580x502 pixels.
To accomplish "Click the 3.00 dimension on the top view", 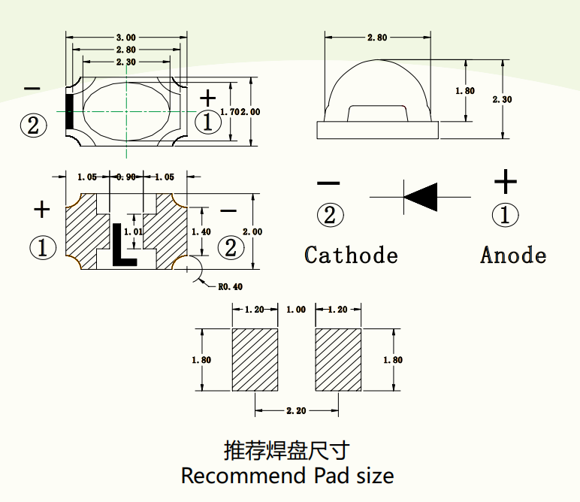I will coord(126,38).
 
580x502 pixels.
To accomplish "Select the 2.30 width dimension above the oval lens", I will coord(126,62).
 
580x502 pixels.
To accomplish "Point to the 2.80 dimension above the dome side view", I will coord(378,38).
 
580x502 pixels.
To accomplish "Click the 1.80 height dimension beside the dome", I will coord(465,91).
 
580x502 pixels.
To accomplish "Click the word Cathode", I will coord(351,255).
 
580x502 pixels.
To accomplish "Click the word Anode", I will coord(513,255).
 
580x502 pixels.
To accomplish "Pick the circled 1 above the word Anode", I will coord(505,216).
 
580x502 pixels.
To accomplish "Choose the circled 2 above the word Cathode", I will coord(330,216).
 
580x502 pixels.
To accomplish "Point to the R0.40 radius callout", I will coord(230,286).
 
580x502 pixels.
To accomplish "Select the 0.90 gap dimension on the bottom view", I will coord(125,177).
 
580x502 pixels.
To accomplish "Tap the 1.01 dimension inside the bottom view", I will coord(133,232).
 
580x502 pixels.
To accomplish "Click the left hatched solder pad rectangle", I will coord(255,360).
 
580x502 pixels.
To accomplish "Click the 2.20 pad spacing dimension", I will coord(296,411).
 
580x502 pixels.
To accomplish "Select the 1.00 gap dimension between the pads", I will coord(296,310).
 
